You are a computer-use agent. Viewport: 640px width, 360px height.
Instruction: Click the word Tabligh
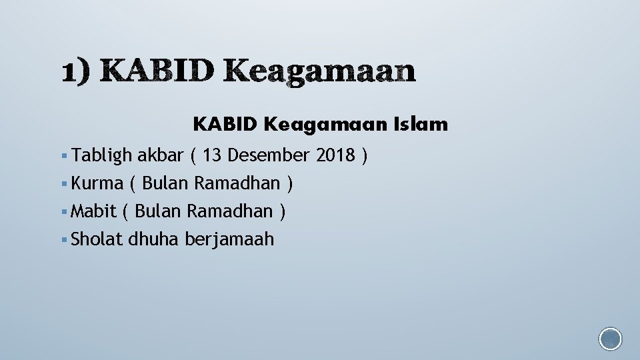[x=102, y=156]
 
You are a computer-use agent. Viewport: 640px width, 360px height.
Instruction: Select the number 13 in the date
[x=213, y=156]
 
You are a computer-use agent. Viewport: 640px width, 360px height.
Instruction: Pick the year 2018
[x=335, y=156]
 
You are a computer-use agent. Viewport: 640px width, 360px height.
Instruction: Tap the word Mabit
[x=93, y=211]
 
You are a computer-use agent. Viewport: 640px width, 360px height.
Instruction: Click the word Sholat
[x=97, y=239]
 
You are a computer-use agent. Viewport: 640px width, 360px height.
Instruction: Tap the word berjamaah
[x=229, y=239]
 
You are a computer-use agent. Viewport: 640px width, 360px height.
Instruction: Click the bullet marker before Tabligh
[x=63, y=157]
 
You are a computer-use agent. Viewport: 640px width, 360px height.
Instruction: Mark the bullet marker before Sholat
[x=63, y=239]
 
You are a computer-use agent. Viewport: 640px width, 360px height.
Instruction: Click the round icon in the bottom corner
[x=610, y=339]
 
